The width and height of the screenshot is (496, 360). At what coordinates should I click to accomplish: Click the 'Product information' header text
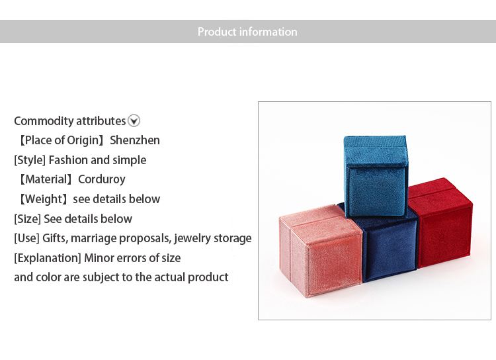click(x=247, y=32)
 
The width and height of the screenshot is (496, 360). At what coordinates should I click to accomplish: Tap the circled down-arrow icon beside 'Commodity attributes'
click(x=134, y=120)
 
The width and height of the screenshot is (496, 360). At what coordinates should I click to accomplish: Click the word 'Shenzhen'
click(x=135, y=140)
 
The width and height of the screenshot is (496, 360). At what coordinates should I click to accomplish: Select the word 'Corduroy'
click(x=102, y=179)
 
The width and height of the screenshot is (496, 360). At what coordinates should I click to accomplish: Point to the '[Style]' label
click(x=30, y=160)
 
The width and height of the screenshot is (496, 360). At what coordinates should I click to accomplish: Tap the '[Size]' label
click(x=27, y=219)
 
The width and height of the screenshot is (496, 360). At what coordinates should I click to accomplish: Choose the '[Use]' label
click(x=26, y=238)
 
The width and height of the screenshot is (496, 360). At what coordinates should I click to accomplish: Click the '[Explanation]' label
click(x=48, y=258)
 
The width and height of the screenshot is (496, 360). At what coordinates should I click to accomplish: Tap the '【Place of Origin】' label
click(x=62, y=140)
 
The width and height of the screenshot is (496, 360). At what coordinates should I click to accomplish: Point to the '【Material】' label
click(x=46, y=179)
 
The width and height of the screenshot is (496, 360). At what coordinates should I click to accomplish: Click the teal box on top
click(x=376, y=176)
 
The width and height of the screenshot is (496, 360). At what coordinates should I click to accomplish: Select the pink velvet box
click(x=321, y=250)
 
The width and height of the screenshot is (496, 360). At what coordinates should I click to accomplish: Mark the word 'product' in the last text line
click(x=208, y=277)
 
